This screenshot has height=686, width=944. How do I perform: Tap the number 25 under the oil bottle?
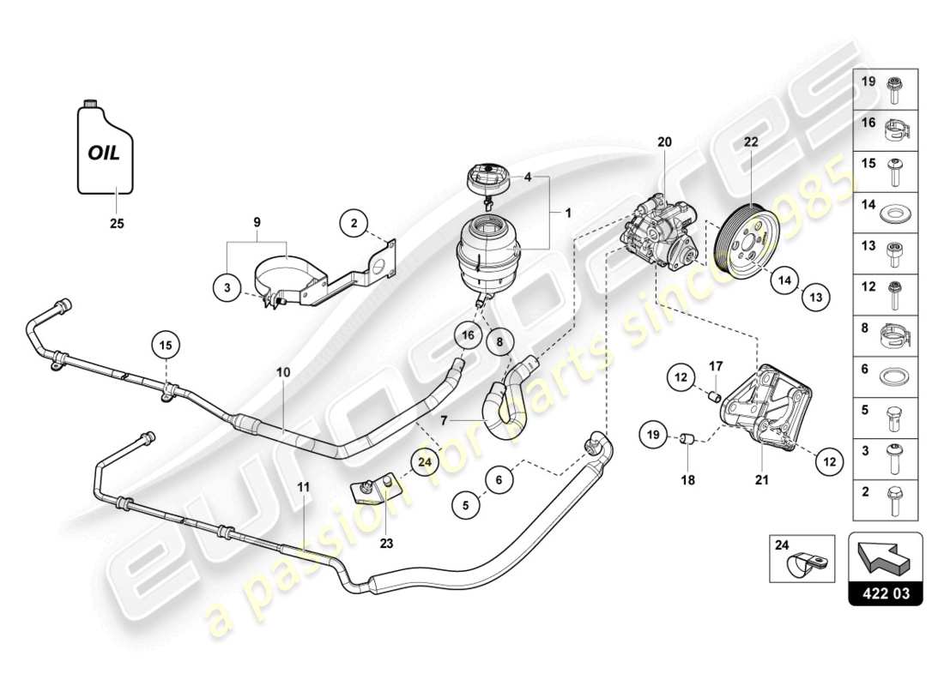point(117,224)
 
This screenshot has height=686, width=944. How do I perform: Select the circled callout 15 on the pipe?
point(166,345)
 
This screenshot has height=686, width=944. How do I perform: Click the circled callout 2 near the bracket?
point(353,224)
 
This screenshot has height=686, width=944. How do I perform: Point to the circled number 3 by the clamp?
point(227,289)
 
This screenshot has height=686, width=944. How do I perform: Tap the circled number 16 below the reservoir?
point(467,336)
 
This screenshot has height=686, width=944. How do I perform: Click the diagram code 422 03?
point(885,591)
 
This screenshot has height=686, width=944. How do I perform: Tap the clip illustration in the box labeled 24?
point(806,563)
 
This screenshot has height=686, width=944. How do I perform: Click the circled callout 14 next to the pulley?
point(783,279)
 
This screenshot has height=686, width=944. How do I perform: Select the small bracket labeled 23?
point(374,492)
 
